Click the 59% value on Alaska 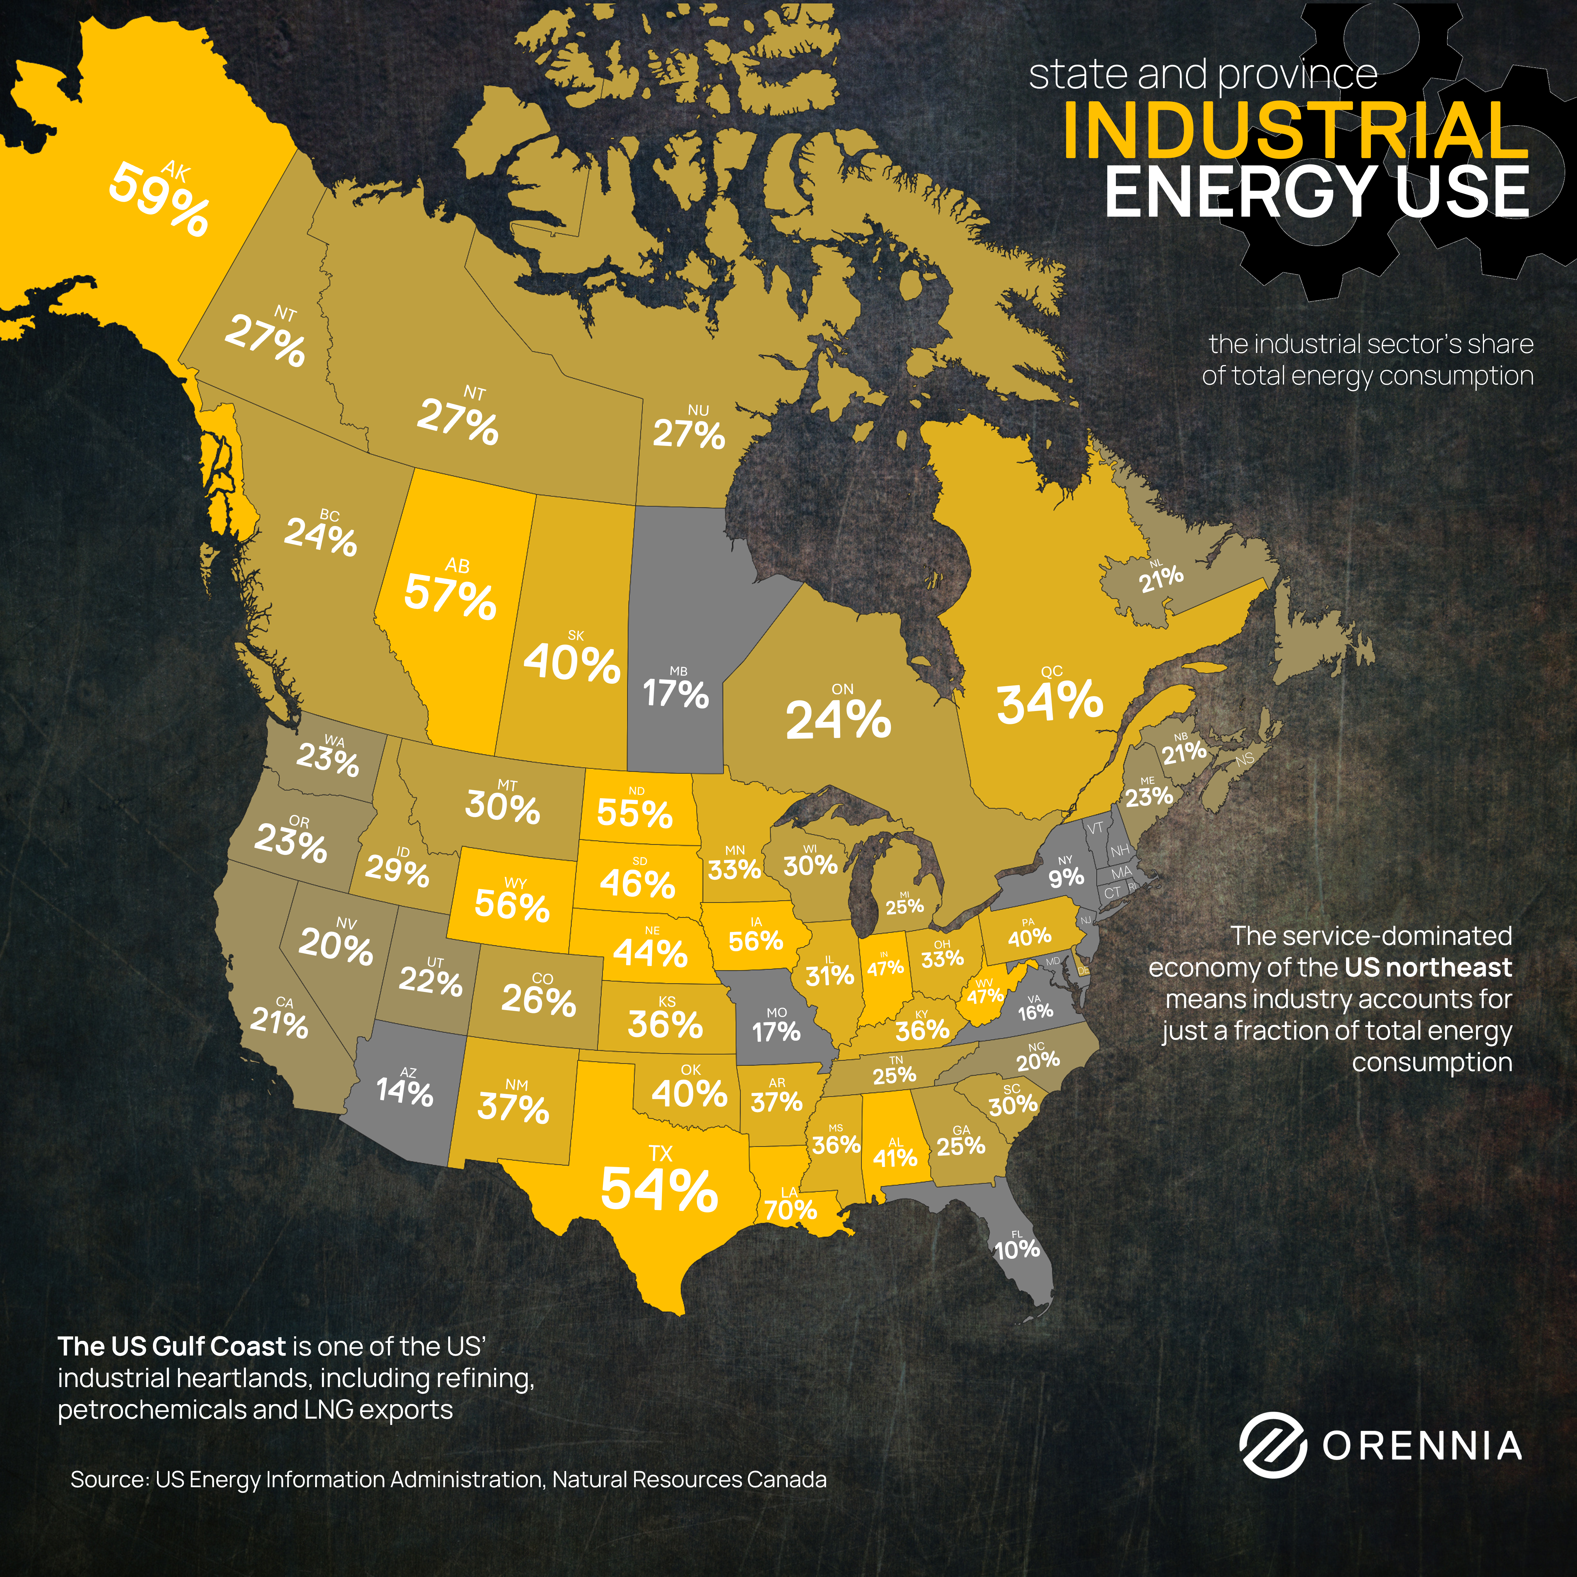point(159,200)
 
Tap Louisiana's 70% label point(790,1210)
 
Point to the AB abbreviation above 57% point(457,566)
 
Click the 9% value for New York point(1066,877)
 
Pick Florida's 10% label point(1017,1249)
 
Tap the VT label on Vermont point(1096,828)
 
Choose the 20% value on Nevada point(335,947)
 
